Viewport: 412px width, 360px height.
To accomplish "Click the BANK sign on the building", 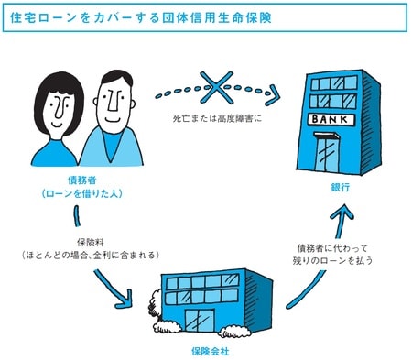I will click(x=331, y=120).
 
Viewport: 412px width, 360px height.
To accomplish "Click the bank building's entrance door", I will click(x=326, y=155).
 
